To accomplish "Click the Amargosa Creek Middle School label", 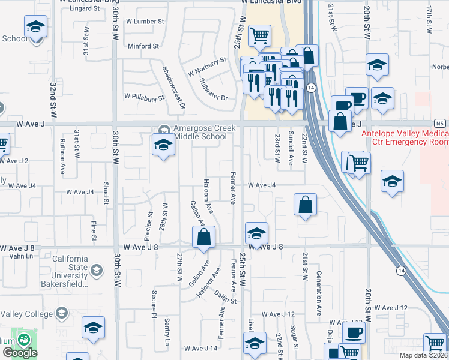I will click(200, 132).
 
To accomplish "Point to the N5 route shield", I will click(441, 124).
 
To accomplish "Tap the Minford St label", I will click(143, 46).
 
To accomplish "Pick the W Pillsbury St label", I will click(144, 96).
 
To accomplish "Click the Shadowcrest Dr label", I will click(175, 87).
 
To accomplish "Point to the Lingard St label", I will click(84, 8).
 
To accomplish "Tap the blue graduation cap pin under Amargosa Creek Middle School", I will click(163, 146).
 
